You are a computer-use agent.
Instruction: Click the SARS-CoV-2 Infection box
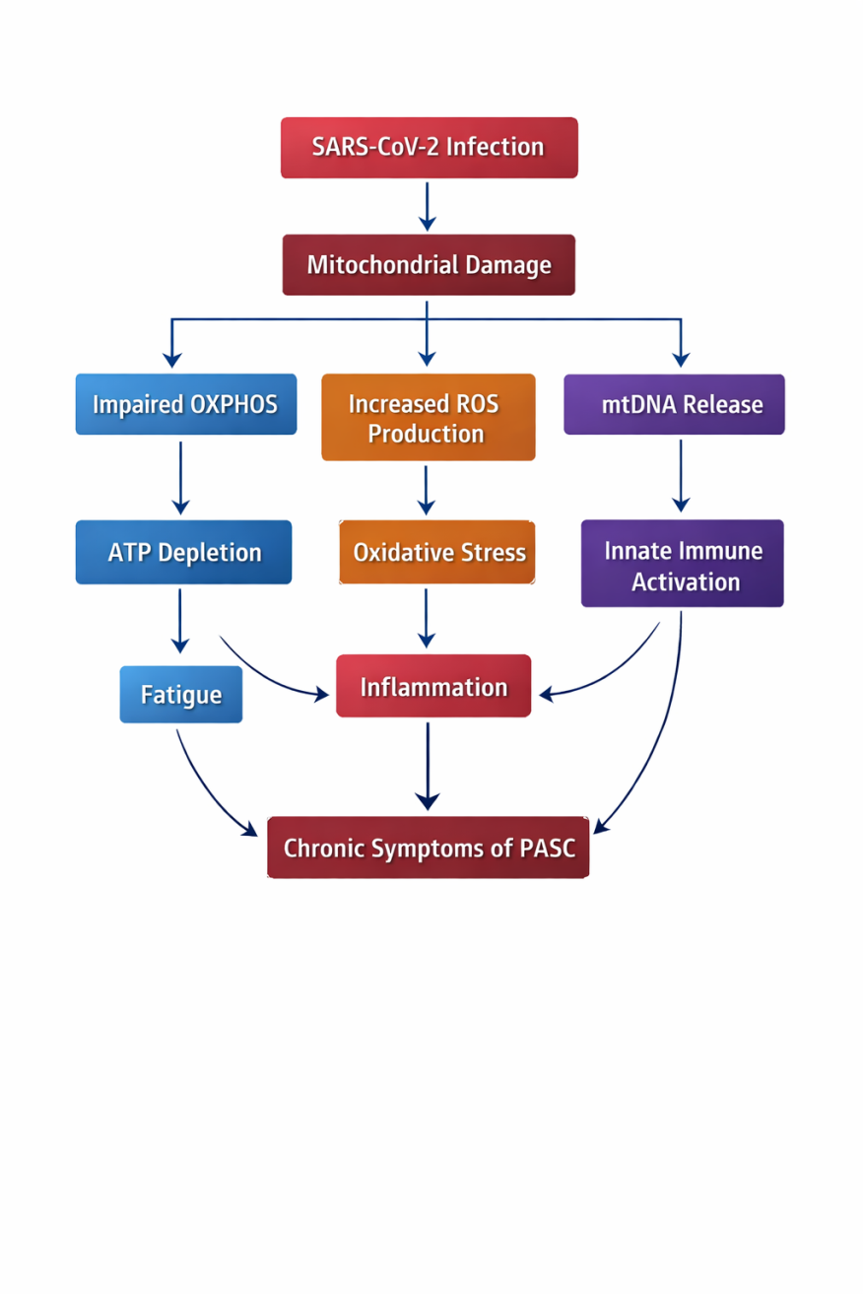pos(429,148)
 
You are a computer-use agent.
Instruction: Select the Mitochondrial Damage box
pos(429,265)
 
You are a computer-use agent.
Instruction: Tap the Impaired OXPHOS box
pos(186,404)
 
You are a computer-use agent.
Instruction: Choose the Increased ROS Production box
pos(428,418)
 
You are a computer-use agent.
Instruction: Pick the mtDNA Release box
pos(674,404)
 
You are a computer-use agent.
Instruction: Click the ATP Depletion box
pos(184,552)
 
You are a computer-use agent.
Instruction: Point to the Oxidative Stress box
pos(436,552)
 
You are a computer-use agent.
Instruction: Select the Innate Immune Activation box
pos(683,565)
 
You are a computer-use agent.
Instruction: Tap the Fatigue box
pos(181,695)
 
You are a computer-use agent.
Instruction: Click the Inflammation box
pos(433,686)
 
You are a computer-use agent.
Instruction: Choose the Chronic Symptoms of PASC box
pos(429,848)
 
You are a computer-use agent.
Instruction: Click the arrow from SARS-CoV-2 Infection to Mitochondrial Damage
pos(427,206)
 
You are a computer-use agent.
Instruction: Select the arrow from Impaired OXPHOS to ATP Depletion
pos(180,478)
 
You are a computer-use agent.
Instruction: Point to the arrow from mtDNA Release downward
pos(681,476)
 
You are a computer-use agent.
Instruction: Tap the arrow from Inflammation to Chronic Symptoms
pos(428,767)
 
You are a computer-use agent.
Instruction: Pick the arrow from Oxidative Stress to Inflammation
pos(427,619)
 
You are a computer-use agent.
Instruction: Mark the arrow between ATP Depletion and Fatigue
pos(180,621)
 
